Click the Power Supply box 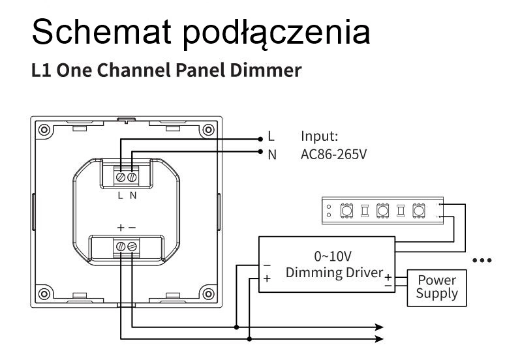436,287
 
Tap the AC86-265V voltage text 333,155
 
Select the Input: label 319,136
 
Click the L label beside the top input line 271,137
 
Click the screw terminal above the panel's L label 121,177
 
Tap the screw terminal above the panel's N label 132,177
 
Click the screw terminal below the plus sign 121,247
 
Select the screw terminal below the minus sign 132,247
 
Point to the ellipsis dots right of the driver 482,260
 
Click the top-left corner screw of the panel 44,129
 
